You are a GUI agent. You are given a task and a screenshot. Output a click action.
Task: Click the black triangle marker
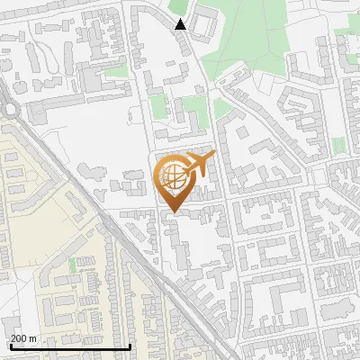(181, 24)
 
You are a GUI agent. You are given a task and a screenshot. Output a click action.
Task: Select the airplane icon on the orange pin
(199, 165)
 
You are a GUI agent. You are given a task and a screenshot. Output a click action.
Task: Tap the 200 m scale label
(24, 338)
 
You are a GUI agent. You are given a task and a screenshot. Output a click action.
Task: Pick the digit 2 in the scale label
(14, 338)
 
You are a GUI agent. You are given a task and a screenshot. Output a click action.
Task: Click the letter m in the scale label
(32, 338)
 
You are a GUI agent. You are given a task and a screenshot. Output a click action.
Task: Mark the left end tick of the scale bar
(10, 345)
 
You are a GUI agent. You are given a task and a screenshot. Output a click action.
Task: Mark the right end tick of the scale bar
(130, 345)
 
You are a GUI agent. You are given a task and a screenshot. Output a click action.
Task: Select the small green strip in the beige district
(72, 266)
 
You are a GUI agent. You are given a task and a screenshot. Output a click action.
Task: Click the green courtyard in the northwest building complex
(115, 70)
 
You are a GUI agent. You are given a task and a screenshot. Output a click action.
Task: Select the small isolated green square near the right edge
(338, 146)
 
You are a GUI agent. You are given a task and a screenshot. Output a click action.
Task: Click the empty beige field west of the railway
(40, 202)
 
